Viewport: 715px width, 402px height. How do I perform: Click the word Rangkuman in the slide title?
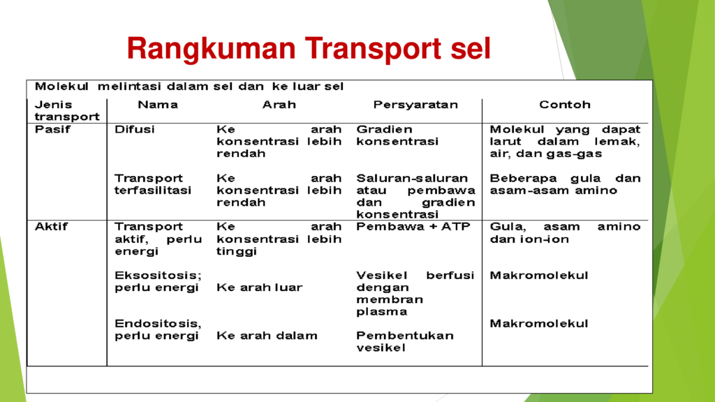[211, 49]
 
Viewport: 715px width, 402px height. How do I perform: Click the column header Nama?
[158, 105]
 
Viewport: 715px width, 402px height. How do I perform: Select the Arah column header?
[279, 105]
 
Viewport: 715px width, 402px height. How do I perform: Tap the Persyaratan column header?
[415, 105]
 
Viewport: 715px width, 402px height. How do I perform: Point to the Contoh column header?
[564, 105]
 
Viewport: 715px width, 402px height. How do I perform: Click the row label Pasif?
[52, 129]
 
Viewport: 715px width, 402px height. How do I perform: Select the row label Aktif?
[51, 227]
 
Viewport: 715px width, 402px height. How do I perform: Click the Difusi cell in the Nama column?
[135, 129]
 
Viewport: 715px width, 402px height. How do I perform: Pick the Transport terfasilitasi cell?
[153, 184]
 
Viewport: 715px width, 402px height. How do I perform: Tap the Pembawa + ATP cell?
[413, 227]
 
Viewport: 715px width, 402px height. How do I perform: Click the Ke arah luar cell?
[260, 288]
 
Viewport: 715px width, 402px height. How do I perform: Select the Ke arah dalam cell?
[267, 336]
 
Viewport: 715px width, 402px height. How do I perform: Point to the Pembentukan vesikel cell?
[405, 342]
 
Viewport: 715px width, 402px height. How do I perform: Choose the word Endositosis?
[158, 324]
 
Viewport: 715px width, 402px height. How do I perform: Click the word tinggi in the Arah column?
[237, 252]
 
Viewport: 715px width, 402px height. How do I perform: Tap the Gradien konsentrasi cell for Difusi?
[397, 135]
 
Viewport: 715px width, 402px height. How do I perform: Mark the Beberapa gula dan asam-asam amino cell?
[565, 184]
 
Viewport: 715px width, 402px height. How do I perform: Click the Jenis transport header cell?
[67, 111]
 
